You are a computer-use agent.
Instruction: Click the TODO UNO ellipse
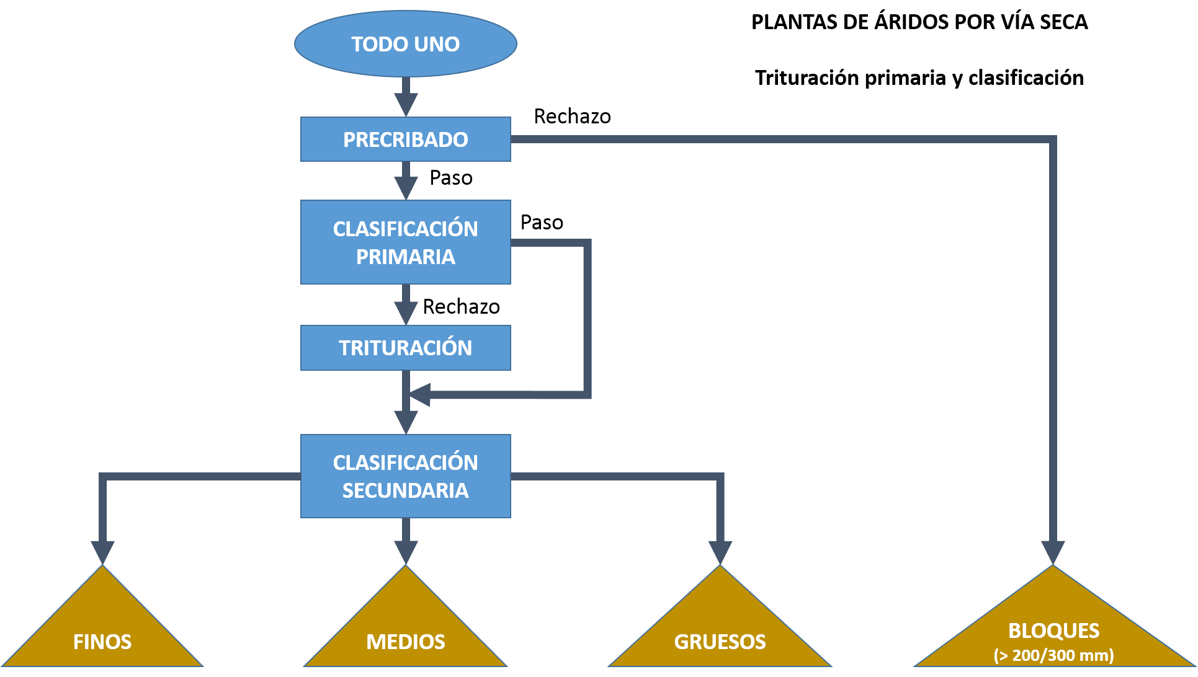pyautogui.click(x=406, y=44)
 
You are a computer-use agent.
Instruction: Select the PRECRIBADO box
pyautogui.click(x=406, y=139)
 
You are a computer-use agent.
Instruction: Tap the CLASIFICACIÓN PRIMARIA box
pyautogui.click(x=406, y=242)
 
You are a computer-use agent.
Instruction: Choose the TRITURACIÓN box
pyautogui.click(x=406, y=348)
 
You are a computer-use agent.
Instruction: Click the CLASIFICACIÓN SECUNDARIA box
pyautogui.click(x=406, y=476)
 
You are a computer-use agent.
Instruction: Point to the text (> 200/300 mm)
pyautogui.click(x=1053, y=655)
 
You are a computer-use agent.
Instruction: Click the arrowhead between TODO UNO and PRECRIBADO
pyautogui.click(x=406, y=105)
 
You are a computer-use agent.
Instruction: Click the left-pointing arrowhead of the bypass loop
pyautogui.click(x=419, y=395)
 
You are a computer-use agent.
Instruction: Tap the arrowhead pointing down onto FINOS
pyautogui.click(x=102, y=552)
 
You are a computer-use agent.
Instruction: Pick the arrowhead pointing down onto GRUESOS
pyautogui.click(x=720, y=552)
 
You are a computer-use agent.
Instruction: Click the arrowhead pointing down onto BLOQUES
pyautogui.click(x=1053, y=552)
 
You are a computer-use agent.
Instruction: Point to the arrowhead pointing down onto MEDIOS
pyautogui.click(x=406, y=552)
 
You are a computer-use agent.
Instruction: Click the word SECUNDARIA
pyautogui.click(x=406, y=490)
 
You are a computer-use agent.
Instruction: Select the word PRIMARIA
pyautogui.click(x=406, y=257)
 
